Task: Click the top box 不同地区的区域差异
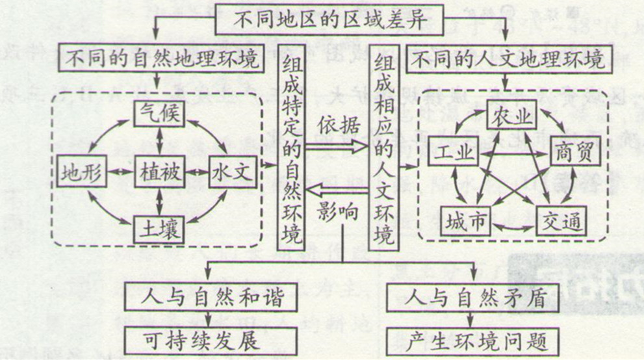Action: pos(329,19)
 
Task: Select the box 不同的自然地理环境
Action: pos(161,58)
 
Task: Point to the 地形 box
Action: pos(82,171)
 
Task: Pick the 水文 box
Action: pos(233,172)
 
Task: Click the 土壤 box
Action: pos(159,229)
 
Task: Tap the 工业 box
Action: pos(454,152)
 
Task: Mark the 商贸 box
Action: pos(574,151)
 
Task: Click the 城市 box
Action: pos(466,222)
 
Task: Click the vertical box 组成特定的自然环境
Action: pos(291,148)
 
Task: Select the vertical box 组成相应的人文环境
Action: pos(384,148)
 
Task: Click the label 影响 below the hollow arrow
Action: pos(338,212)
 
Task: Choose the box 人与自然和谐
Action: pos(211,297)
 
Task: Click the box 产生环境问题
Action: pos(473,342)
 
